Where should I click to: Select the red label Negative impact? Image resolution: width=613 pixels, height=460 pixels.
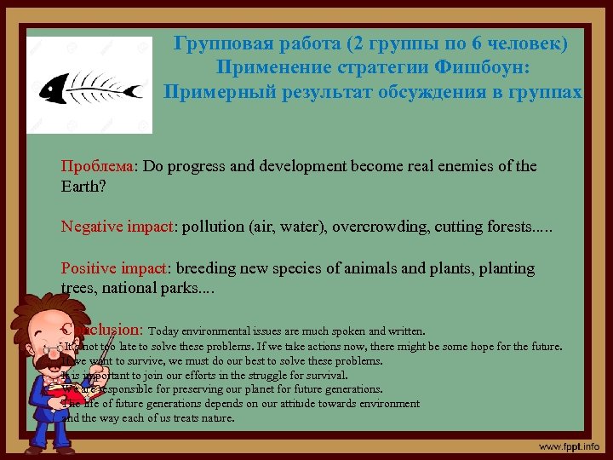(117, 226)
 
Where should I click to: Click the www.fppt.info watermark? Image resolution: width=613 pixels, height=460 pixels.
(569, 446)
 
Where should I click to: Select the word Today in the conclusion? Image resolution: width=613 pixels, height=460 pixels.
(164, 331)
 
